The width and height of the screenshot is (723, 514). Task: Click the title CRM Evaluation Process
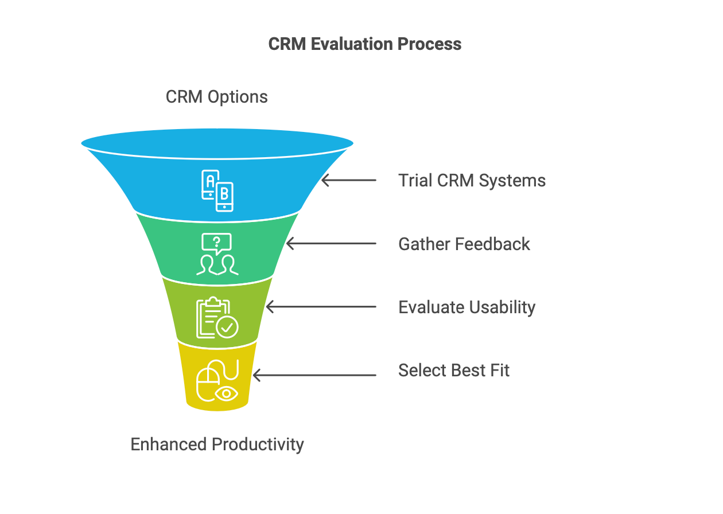pyautogui.click(x=365, y=44)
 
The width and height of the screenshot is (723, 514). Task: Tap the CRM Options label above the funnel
pyautogui.click(x=216, y=97)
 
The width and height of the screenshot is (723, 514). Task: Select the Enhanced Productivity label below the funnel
pyautogui.click(x=217, y=445)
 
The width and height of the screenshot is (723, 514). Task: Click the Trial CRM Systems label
pyautogui.click(x=472, y=181)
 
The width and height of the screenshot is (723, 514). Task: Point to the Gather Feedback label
pyautogui.click(x=464, y=244)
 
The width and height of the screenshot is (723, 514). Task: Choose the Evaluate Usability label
pyautogui.click(x=467, y=307)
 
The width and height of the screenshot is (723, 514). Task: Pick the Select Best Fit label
pyautogui.click(x=453, y=370)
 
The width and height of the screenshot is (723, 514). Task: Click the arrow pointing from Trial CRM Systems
pyautogui.click(x=348, y=180)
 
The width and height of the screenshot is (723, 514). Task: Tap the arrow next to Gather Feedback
pyautogui.click(x=331, y=244)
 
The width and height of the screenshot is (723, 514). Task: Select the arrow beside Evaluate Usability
pyautogui.click(x=321, y=307)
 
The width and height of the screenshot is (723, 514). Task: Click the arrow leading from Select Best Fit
pyautogui.click(x=314, y=376)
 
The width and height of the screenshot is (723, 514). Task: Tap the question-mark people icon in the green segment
pyautogui.click(x=217, y=254)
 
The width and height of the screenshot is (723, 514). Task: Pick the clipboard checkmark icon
pyautogui.click(x=217, y=318)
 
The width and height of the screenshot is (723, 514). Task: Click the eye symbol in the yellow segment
pyautogui.click(x=226, y=394)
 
